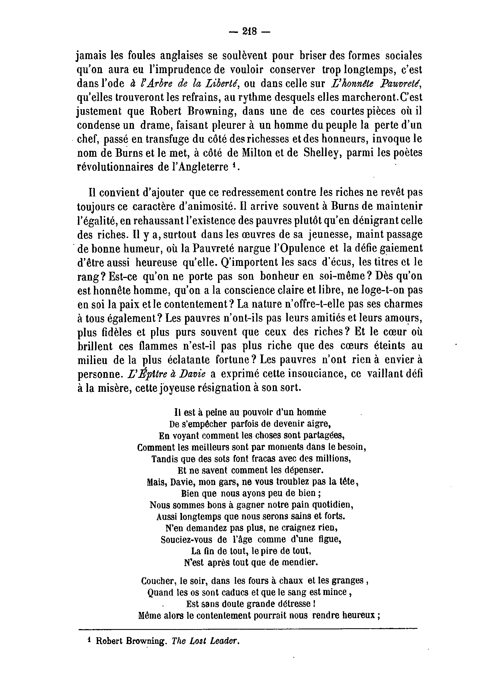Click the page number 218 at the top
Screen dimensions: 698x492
coord(249,31)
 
